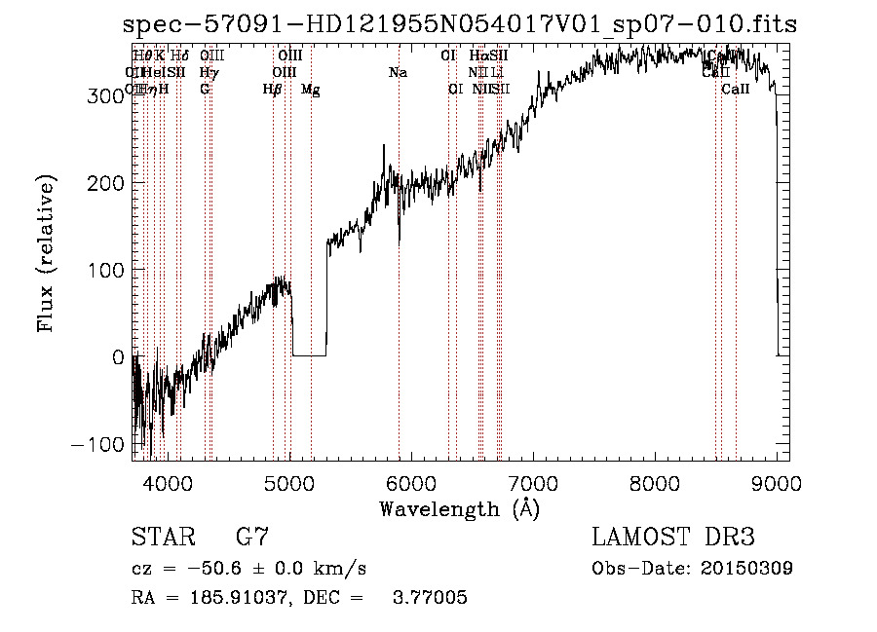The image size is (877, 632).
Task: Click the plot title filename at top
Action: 460,25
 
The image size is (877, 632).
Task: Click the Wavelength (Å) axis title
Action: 459,508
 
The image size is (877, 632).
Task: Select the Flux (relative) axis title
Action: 47,254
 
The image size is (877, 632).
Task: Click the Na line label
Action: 398,73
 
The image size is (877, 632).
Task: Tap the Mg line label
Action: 310,90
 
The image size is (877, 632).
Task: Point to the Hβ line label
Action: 273,90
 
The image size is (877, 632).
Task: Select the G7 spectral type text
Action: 251,538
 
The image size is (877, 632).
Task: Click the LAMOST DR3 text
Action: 673,538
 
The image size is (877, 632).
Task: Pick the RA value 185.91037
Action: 223,598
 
